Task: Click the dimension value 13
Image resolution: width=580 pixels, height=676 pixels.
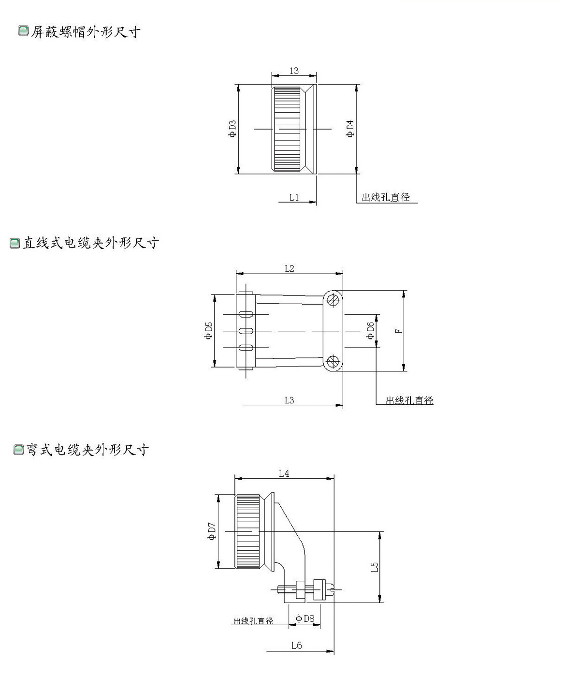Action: [293, 71]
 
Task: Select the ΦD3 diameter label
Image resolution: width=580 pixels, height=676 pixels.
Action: [232, 129]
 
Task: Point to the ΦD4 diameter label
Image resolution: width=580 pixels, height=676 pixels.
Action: [350, 129]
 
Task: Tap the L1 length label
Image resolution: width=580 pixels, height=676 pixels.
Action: [294, 197]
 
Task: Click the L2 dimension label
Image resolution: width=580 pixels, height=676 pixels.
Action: [290, 268]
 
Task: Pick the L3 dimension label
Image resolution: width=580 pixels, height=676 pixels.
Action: [290, 400]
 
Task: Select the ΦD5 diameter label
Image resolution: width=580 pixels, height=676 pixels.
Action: [208, 331]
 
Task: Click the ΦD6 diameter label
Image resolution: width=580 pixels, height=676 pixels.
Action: [370, 331]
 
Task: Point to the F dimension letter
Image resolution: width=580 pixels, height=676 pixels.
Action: [398, 331]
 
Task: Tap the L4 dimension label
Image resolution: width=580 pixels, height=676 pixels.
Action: [284, 473]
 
